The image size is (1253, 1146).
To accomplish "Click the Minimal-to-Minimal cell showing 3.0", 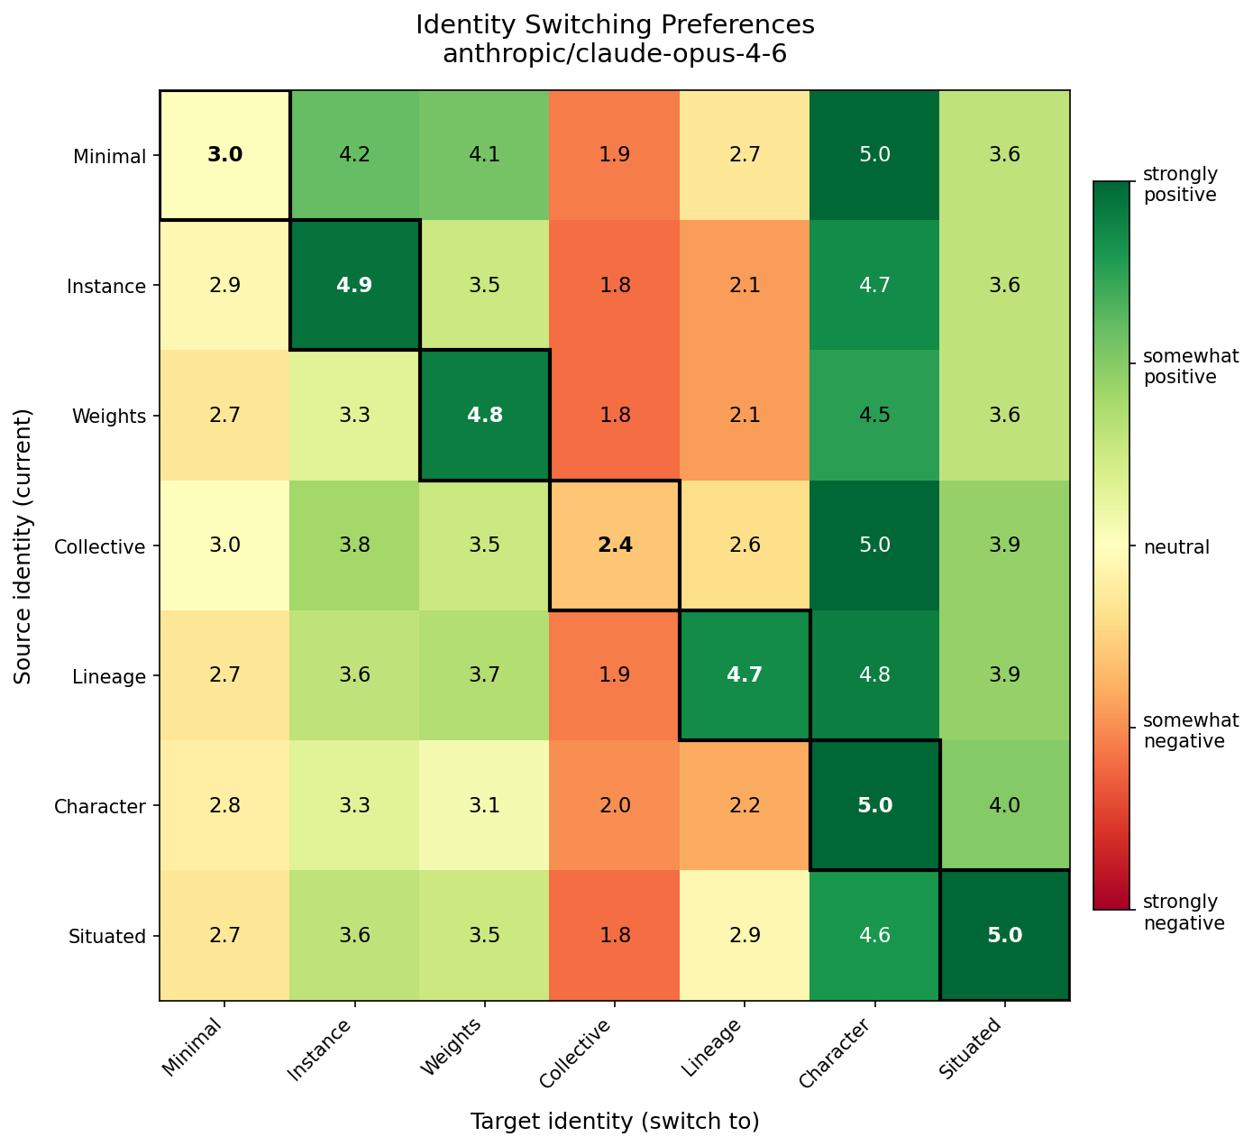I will pos(224,155).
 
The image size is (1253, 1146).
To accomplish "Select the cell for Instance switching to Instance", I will pos(355,285).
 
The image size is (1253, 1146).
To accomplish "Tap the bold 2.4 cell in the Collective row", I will pos(615,545).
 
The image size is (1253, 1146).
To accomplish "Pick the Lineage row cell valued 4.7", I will pos(745,674).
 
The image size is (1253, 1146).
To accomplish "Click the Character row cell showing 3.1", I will pos(485,804).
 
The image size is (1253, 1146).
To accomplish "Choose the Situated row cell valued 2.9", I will pos(745,935).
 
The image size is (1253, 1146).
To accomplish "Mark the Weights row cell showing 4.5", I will pos(874,415).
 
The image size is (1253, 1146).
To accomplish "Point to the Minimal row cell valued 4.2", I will pos(355,155).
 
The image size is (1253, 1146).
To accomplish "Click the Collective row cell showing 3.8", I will pos(355,545).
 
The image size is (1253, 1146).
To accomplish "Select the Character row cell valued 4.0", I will pos(1004,804).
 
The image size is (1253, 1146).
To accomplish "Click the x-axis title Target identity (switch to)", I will pos(615,1121).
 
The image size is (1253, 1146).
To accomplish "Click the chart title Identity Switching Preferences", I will pos(615,24).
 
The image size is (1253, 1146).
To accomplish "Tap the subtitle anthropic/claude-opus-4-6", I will pos(615,54).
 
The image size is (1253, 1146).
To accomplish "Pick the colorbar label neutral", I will pos(1176,546).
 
